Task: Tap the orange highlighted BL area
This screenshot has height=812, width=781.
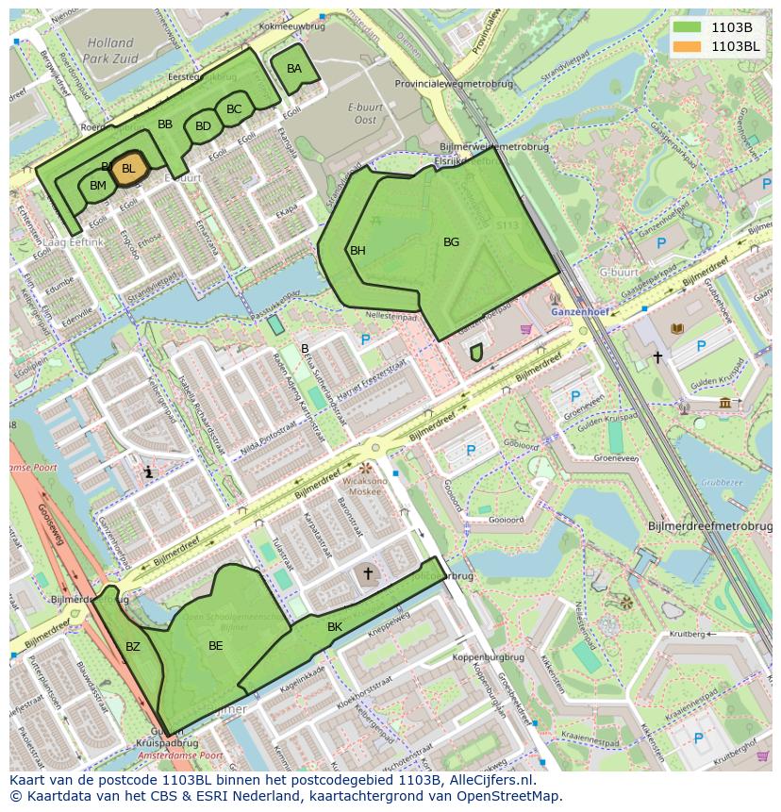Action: [x=128, y=169]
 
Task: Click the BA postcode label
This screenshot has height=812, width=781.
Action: [x=294, y=69]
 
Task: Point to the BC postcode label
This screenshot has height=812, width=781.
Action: [x=234, y=109]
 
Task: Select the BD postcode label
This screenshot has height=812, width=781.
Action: [x=203, y=126]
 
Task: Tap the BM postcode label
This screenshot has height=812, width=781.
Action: [x=98, y=186]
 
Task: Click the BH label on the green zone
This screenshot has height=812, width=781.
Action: [x=357, y=251]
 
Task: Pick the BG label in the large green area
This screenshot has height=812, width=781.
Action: [x=451, y=242]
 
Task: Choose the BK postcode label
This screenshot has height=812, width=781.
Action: [x=335, y=627]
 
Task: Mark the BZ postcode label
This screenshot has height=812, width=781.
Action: [x=132, y=647]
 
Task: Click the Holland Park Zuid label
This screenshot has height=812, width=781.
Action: [x=111, y=49]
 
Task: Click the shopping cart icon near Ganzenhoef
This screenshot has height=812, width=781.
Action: [x=525, y=329]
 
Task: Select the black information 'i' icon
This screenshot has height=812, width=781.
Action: [x=148, y=472]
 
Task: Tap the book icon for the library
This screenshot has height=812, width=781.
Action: [x=675, y=328]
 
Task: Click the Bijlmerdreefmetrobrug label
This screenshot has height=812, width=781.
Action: [x=709, y=525]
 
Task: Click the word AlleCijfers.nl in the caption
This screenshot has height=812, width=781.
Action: [x=490, y=780]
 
